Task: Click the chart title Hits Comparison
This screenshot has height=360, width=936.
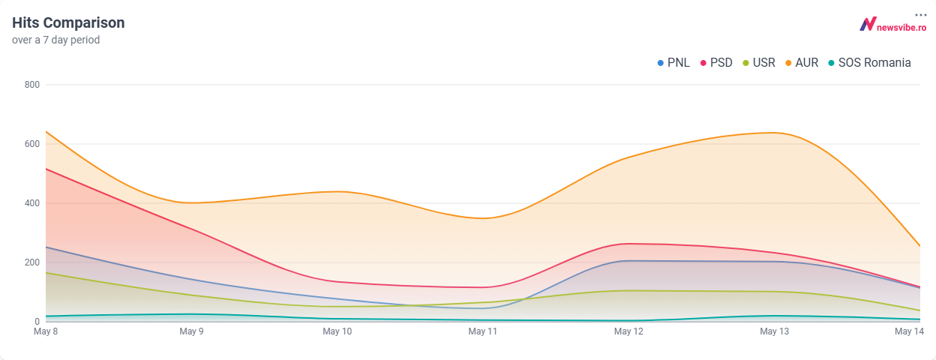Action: click(x=68, y=23)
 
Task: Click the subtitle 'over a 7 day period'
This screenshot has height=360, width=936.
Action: click(x=55, y=40)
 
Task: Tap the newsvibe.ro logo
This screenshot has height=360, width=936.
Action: click(x=892, y=25)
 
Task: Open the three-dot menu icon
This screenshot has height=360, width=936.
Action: click(x=920, y=15)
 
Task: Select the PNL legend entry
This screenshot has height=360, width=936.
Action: click(x=673, y=63)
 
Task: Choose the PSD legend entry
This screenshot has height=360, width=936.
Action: click(x=715, y=63)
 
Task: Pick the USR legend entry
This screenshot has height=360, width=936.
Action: click(x=758, y=63)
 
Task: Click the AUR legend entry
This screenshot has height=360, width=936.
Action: click(x=801, y=63)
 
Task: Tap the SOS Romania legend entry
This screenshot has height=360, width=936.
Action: click(x=868, y=63)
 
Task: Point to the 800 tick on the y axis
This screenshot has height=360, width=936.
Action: click(x=31, y=85)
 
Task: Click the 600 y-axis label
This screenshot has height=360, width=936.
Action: click(x=31, y=144)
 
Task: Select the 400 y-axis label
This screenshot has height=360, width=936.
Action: click(x=31, y=203)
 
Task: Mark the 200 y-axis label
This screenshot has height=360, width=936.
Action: click(x=31, y=262)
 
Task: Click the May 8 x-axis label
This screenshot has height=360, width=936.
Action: click(x=46, y=331)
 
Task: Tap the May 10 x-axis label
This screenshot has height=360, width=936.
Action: click(x=337, y=331)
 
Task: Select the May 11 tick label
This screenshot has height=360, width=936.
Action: click(x=482, y=331)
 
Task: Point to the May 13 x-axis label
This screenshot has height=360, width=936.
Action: click(x=774, y=331)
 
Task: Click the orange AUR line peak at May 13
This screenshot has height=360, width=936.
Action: click(x=774, y=133)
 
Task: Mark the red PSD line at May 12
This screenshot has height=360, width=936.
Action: click(x=628, y=244)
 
